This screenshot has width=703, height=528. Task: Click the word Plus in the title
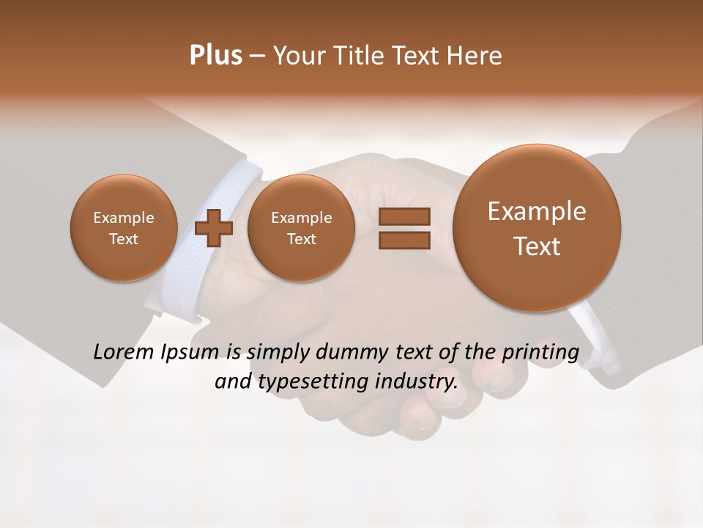click(x=215, y=56)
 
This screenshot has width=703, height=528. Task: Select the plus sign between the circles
click(x=214, y=227)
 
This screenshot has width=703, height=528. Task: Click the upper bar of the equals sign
click(x=403, y=217)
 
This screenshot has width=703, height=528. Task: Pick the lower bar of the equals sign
click(x=403, y=240)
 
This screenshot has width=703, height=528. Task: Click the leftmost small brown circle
click(x=124, y=227)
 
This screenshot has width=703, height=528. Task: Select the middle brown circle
click(x=301, y=227)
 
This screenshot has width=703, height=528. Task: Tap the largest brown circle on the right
click(x=537, y=227)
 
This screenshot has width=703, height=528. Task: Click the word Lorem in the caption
click(x=124, y=352)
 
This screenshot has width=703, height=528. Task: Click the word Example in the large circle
click(x=537, y=211)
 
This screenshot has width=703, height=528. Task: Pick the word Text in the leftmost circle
click(x=124, y=239)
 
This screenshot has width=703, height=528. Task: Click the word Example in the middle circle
click(x=301, y=218)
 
